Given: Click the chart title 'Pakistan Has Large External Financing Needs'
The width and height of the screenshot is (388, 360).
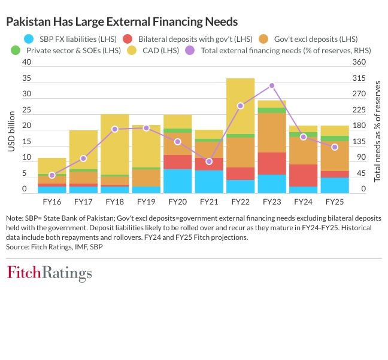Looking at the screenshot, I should tap(122, 22).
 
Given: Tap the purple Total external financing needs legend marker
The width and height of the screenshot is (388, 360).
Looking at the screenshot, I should tap(190, 50).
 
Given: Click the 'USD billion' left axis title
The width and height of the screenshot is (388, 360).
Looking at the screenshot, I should tap(11, 128).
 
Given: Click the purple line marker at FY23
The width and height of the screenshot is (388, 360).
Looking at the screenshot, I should tap(272, 86).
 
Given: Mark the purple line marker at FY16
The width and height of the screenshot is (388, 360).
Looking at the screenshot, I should tap(52, 175).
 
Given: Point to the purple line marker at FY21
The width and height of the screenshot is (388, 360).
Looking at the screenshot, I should tap(209, 161).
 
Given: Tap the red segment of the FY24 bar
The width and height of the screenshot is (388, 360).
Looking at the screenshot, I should tap(303, 175).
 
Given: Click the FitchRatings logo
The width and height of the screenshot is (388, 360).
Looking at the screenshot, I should tap(49, 274).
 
